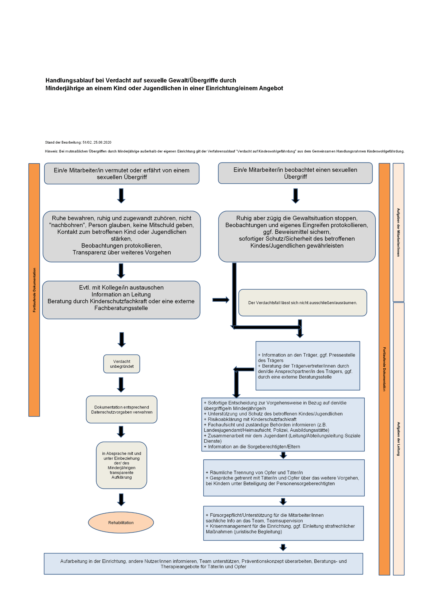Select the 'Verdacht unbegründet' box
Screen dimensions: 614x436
click(122, 364)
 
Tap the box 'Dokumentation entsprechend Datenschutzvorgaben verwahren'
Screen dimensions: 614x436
click(122, 410)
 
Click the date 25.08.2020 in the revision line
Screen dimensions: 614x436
click(102, 142)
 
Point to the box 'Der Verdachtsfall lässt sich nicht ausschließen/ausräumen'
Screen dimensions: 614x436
click(303, 303)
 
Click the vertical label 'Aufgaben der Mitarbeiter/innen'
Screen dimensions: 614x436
click(398, 232)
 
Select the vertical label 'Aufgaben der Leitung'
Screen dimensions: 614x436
click(399, 439)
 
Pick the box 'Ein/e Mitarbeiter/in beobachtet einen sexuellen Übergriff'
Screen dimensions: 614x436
click(295, 173)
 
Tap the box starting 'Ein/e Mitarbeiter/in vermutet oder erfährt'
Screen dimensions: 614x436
click(122, 174)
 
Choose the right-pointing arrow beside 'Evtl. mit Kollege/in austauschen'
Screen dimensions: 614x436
click(221, 300)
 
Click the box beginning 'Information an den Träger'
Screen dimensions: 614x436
click(308, 366)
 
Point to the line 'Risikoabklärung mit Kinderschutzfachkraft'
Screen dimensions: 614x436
click(252, 419)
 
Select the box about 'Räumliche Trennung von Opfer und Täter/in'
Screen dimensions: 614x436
click(284, 478)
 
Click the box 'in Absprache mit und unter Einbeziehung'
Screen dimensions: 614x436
click(122, 465)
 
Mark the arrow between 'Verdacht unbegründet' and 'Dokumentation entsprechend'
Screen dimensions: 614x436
click(121, 384)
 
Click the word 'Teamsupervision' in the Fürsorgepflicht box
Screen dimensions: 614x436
click(285, 521)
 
